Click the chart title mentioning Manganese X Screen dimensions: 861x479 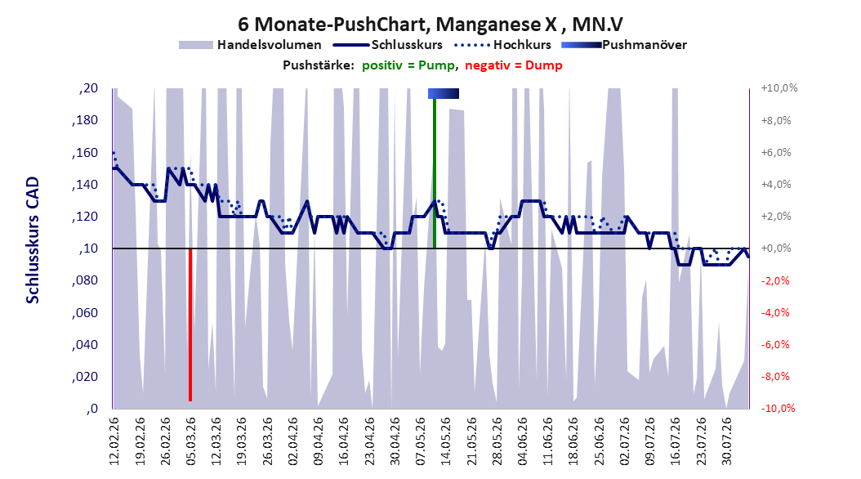[430, 25]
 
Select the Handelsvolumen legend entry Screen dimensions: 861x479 [251, 45]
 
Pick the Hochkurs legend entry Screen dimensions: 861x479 [503, 45]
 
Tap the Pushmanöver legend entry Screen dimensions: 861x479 [624, 45]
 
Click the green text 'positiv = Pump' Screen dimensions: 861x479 [408, 65]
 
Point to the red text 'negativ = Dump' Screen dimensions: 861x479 [514, 65]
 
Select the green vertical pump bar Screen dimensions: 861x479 [435, 173]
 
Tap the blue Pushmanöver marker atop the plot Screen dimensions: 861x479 [444, 93]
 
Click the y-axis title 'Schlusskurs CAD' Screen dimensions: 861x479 [33, 240]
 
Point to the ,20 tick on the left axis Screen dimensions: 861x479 [88, 88]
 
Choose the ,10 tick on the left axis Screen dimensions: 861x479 [88, 248]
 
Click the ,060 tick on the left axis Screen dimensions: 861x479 [85, 313]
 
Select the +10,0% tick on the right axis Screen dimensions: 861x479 [779, 88]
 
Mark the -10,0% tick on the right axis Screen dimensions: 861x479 [778, 409]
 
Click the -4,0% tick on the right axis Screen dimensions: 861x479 [776, 312]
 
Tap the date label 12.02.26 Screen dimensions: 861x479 [114, 441]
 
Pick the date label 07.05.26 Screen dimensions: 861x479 [421, 441]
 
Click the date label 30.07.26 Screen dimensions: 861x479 [727, 441]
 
